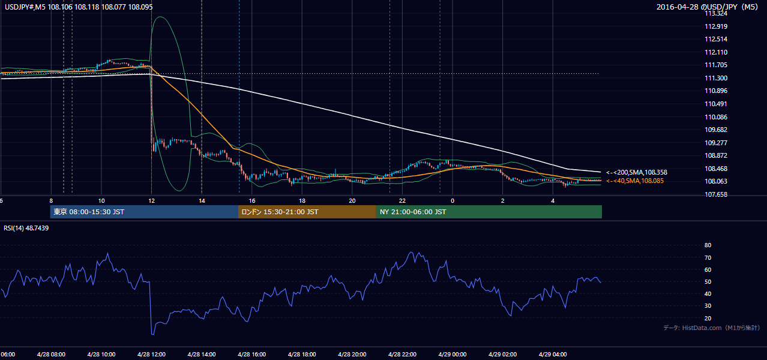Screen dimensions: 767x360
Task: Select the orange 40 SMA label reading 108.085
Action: (x=635, y=181)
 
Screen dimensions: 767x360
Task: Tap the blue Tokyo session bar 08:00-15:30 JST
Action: (x=144, y=212)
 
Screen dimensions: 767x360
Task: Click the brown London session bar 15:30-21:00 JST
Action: (x=307, y=212)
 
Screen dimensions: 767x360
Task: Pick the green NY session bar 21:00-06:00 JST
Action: (x=489, y=212)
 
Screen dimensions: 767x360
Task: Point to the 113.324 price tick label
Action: (x=716, y=14)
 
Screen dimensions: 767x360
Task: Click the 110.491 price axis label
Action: (x=716, y=104)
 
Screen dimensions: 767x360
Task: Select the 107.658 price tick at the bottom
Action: (x=716, y=195)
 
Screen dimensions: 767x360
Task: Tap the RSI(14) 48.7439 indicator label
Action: (x=26, y=228)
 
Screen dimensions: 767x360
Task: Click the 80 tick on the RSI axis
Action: (x=708, y=245)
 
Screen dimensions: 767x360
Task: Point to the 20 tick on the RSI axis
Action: (x=708, y=319)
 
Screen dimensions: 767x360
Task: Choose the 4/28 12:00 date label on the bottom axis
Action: (x=151, y=355)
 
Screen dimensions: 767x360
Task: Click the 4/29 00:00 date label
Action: (x=453, y=355)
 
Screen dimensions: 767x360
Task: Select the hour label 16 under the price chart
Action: (x=251, y=201)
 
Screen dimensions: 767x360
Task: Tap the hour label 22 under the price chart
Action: (x=402, y=201)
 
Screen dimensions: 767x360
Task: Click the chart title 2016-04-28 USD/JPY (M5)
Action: (x=707, y=7)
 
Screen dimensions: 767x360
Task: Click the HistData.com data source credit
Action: (x=712, y=328)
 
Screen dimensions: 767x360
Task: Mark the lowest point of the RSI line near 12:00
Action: (x=152, y=334)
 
